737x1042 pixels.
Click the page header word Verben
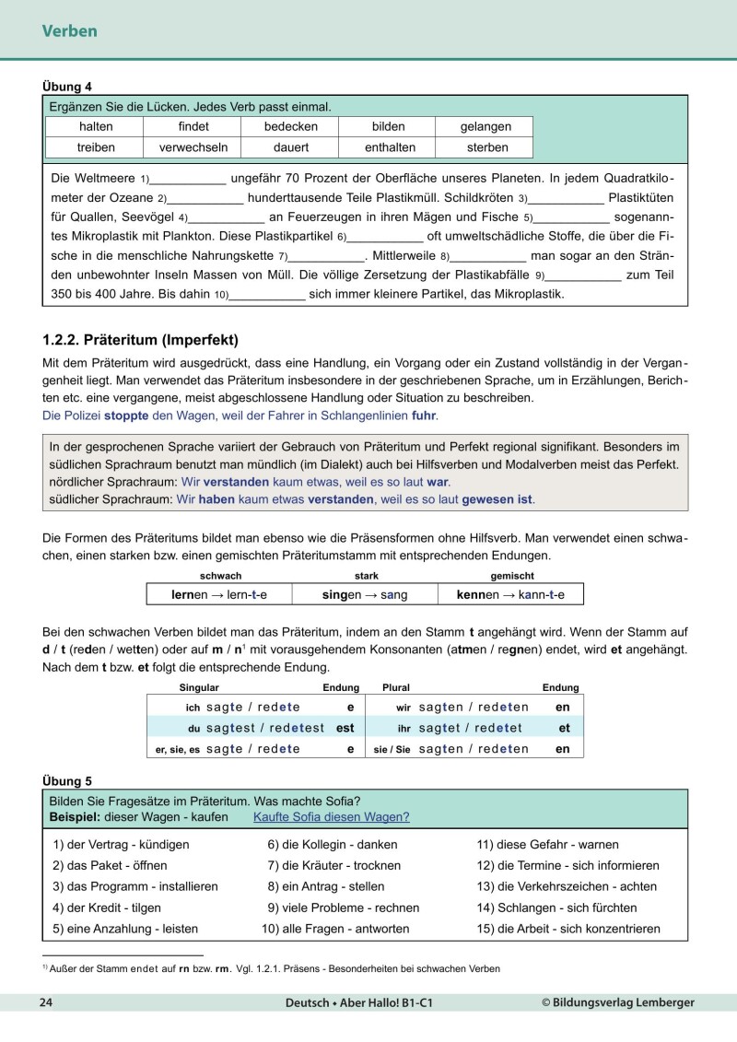(69, 31)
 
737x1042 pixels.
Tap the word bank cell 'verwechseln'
(191, 147)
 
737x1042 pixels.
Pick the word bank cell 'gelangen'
(485, 126)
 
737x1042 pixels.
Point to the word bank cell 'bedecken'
(290, 126)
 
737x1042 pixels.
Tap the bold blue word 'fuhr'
(424, 416)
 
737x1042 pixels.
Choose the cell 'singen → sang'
(364, 595)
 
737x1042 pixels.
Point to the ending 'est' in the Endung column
(345, 728)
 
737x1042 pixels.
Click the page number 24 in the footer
(45, 1001)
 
